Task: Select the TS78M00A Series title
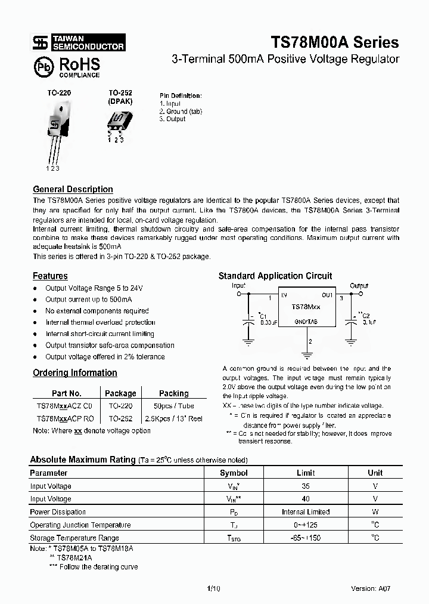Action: (335, 43)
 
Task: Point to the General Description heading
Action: (73, 189)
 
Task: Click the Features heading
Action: (50, 276)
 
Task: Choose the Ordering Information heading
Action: (74, 372)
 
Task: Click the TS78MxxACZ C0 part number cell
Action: (65, 405)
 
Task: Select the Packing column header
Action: (173, 393)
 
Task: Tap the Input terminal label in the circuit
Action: (238, 286)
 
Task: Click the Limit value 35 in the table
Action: (306, 486)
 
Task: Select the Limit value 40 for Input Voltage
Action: (306, 499)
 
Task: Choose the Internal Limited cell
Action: (306, 512)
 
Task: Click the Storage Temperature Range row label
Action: (74, 538)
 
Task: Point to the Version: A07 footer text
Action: (371, 588)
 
